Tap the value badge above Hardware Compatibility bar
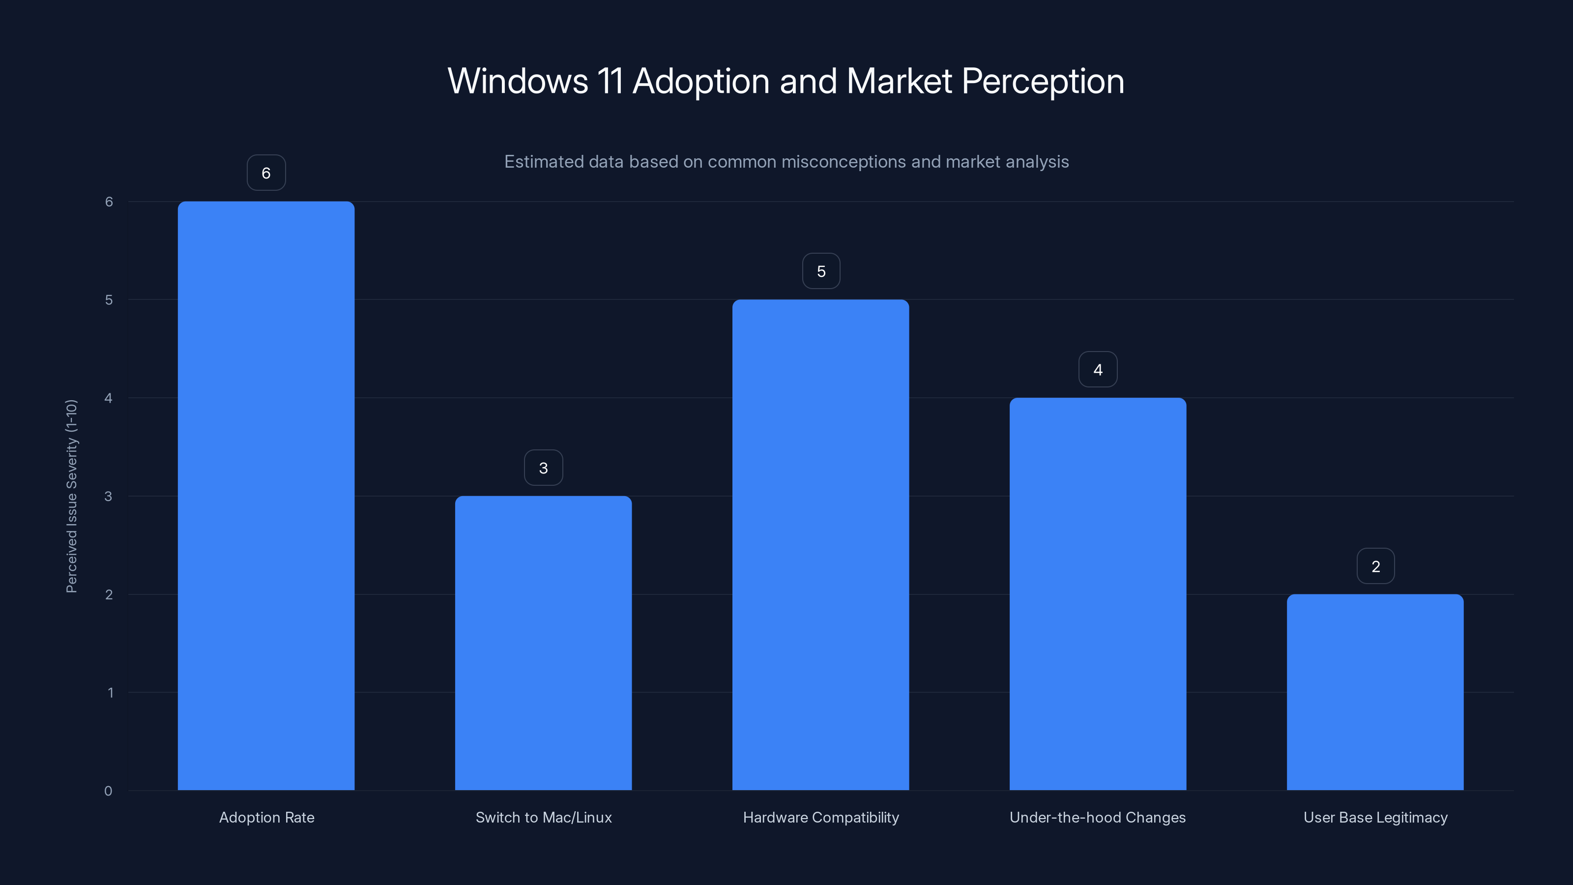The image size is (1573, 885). click(x=821, y=271)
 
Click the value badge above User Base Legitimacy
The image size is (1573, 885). click(x=1375, y=566)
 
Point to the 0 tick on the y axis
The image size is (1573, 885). click(x=108, y=791)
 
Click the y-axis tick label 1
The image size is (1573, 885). click(x=110, y=693)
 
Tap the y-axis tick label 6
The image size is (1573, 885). click(x=109, y=202)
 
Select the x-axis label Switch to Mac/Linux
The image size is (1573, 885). click(x=544, y=817)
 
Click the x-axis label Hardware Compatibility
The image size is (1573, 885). click(x=821, y=817)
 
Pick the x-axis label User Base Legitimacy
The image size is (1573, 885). click(x=1375, y=817)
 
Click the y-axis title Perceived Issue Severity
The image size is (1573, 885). click(x=71, y=496)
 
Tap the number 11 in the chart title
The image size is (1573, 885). click(x=610, y=81)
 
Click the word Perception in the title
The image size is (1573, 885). click(x=1042, y=81)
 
